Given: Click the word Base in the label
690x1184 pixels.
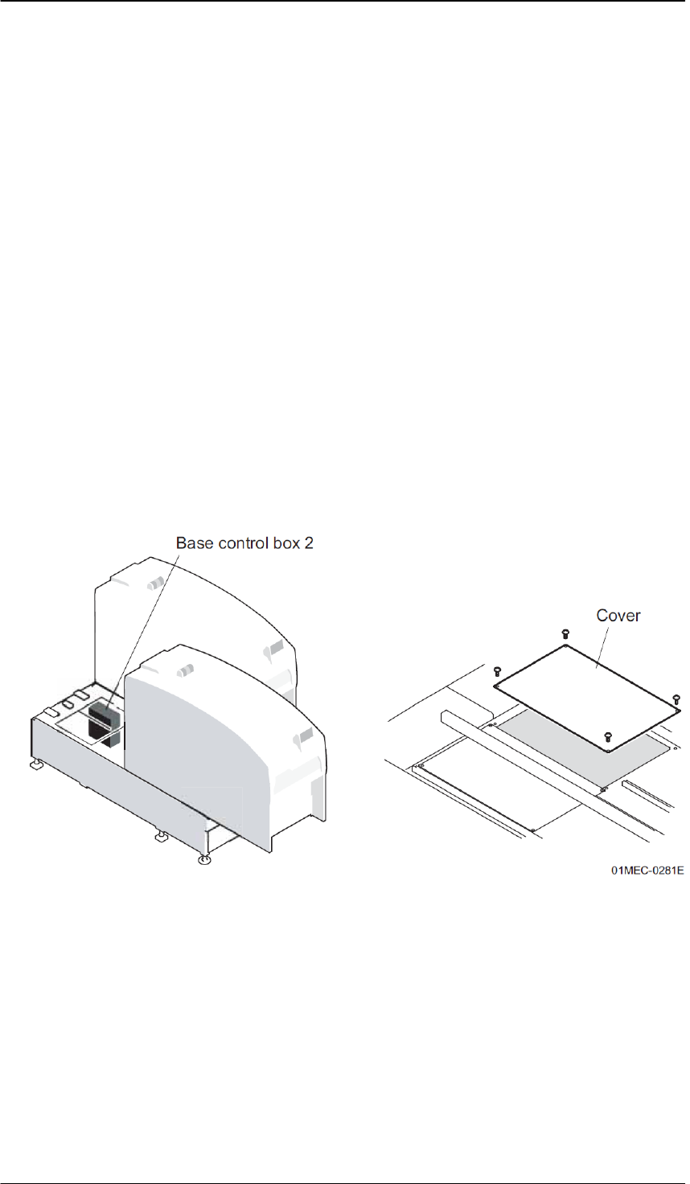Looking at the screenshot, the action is tap(194, 543).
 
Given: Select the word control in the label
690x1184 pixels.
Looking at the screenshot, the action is tap(239, 543).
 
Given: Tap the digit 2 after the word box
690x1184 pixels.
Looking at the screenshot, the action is tap(309, 543).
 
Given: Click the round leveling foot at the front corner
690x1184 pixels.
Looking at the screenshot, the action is tap(204, 861).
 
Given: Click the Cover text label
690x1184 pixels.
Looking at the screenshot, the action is tap(618, 616).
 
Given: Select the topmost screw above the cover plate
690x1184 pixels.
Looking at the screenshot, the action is tap(565, 634).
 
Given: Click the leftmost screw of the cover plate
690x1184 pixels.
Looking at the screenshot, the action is tap(497, 671).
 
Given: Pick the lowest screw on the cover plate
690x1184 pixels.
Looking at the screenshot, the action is tap(609, 735).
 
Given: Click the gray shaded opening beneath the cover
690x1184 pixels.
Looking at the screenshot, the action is tap(579, 739).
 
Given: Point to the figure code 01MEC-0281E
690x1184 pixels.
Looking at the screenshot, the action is tap(647, 870).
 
